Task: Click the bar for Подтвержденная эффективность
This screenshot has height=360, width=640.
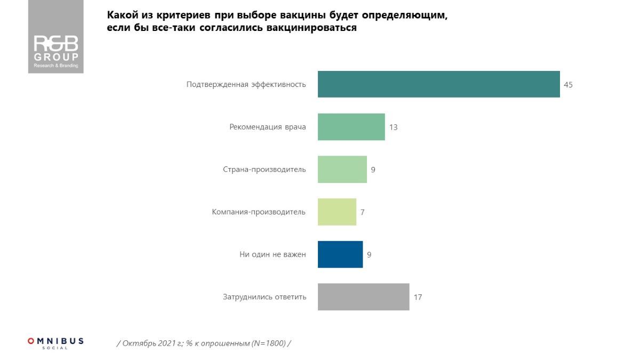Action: (x=438, y=84)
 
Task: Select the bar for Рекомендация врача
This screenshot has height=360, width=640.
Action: (x=351, y=127)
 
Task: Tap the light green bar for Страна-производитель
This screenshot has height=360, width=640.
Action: (x=342, y=170)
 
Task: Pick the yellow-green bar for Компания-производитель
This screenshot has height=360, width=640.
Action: (x=337, y=212)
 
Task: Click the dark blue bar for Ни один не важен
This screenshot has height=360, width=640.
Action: (x=340, y=254)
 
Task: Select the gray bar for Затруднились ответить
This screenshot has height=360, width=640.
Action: (x=363, y=297)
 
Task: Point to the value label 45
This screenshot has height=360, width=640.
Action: (x=568, y=85)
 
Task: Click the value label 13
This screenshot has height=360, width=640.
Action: (x=394, y=127)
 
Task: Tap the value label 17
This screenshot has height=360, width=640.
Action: (x=418, y=297)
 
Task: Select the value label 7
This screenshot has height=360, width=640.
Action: (x=362, y=212)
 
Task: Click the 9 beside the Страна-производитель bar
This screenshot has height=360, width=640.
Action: (x=373, y=170)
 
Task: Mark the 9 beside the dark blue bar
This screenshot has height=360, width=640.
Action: (x=369, y=255)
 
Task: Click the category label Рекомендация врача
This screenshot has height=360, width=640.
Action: (x=268, y=127)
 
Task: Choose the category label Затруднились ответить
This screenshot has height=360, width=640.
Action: (x=265, y=297)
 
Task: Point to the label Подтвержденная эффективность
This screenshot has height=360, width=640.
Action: (x=246, y=84)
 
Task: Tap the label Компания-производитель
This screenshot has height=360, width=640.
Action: (x=259, y=212)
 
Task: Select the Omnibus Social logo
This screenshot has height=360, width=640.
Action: (x=55, y=342)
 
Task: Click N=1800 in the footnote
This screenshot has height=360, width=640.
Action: (x=267, y=343)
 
